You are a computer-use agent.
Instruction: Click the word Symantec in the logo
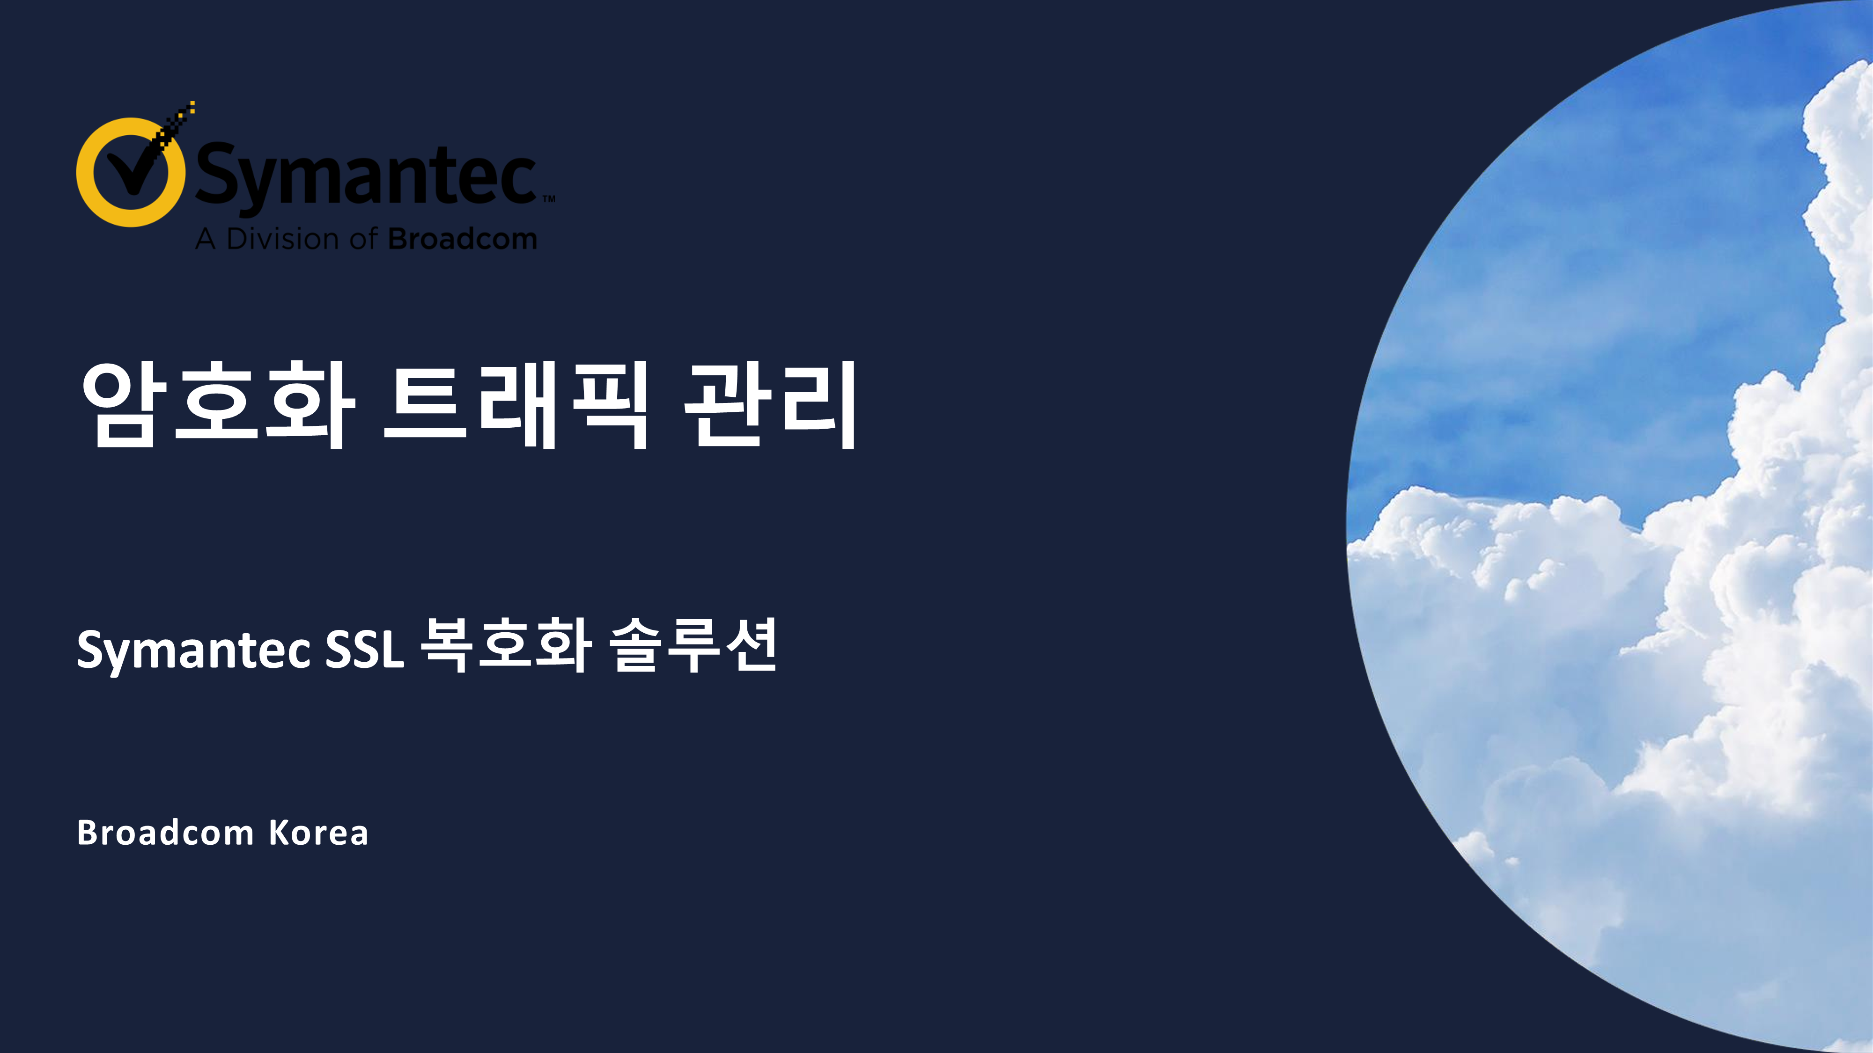point(366,176)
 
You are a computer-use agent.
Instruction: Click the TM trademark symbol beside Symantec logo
point(548,198)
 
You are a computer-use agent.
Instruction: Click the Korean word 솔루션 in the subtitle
point(693,645)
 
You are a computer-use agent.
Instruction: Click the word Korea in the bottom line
point(318,833)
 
